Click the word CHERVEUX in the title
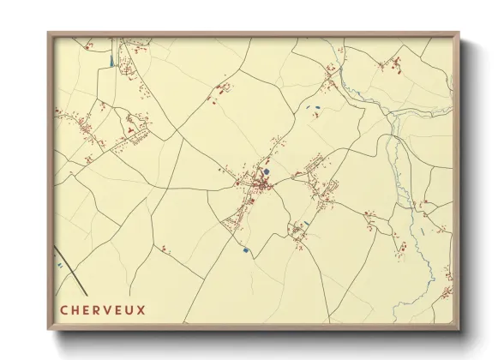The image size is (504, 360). click(x=103, y=309)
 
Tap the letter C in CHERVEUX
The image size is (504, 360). click(x=64, y=309)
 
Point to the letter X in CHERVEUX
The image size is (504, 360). click(x=141, y=309)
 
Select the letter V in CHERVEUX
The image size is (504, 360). click(x=108, y=309)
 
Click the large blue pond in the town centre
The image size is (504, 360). click(x=267, y=172)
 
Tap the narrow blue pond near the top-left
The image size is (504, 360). click(x=111, y=61)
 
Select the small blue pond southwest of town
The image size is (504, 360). click(x=246, y=249)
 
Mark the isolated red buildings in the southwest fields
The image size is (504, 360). click(x=165, y=249)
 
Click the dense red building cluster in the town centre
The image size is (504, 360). click(x=255, y=183)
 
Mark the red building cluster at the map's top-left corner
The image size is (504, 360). click(x=129, y=51)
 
